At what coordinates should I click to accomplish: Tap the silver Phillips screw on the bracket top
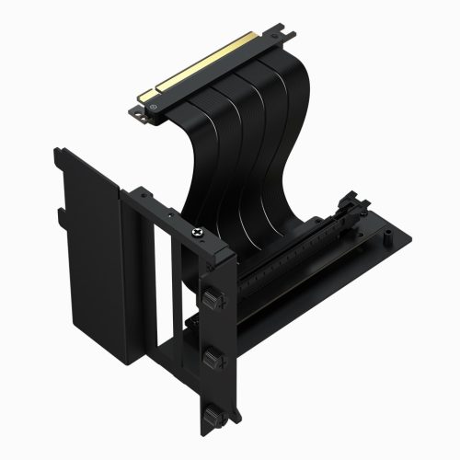pos(195,236)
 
